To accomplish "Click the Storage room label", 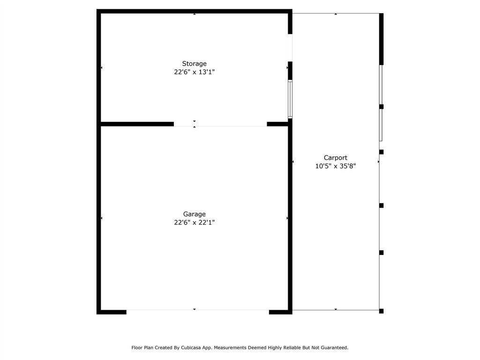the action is pyautogui.click(x=194, y=64).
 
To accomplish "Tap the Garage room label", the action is pyautogui.click(x=195, y=214).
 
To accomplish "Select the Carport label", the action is pyautogui.click(x=336, y=157).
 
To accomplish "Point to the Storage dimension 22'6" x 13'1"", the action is pyautogui.click(x=195, y=72).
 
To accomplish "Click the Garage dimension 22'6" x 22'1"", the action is pyautogui.click(x=195, y=223).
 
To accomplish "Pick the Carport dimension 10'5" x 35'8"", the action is pyautogui.click(x=336, y=166).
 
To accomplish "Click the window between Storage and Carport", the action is pyautogui.click(x=290, y=99).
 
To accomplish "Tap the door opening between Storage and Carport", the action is pyautogui.click(x=290, y=48).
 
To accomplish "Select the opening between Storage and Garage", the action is pyautogui.click(x=220, y=124).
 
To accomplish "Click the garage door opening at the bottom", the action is pyautogui.click(x=198, y=312).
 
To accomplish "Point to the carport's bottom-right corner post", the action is pyautogui.click(x=382, y=311).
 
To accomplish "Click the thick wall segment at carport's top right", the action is pyautogui.click(x=382, y=39).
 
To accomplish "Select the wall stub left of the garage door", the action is pyautogui.click(x=112, y=312).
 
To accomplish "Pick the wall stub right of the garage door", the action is pyautogui.click(x=281, y=312).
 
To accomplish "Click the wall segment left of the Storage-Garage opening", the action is pyautogui.click(x=137, y=124).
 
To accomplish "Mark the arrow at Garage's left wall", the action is pyautogui.click(x=102, y=218).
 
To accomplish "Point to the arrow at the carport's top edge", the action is pyautogui.click(x=336, y=14).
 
